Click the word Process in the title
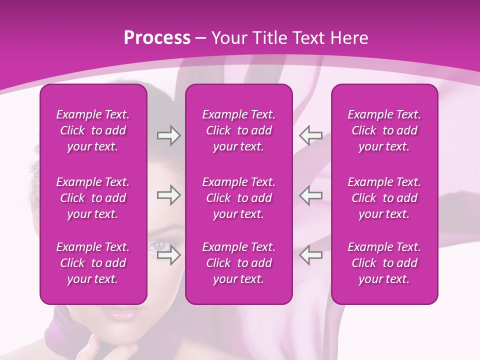click(157, 38)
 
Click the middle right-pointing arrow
click(168, 195)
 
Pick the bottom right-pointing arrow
click(168, 255)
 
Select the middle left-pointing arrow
click(310, 195)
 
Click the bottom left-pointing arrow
click(310, 255)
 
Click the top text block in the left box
click(93, 130)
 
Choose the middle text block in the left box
click(93, 198)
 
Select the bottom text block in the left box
click(93, 263)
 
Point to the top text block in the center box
click(238, 130)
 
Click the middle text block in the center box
click(238, 198)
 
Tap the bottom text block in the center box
click(238, 263)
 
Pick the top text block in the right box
click(384, 130)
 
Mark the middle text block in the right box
click(384, 198)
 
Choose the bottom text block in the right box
click(384, 263)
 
